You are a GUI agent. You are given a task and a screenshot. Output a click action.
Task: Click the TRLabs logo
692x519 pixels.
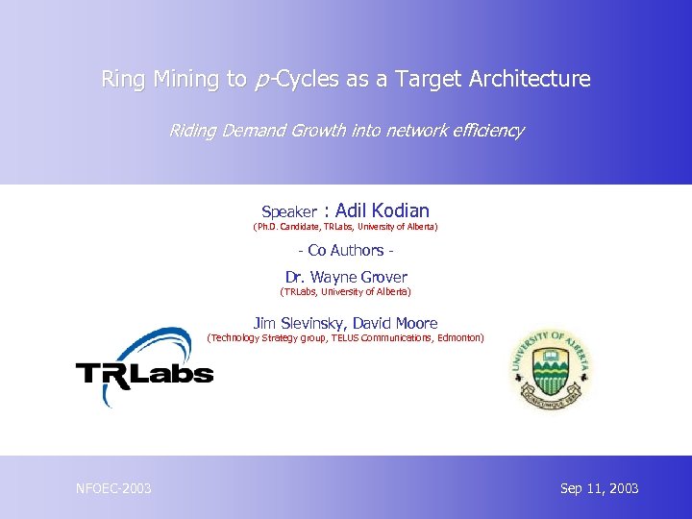pyautogui.click(x=144, y=369)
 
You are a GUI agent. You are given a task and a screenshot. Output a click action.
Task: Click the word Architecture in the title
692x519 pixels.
pyautogui.click(x=530, y=79)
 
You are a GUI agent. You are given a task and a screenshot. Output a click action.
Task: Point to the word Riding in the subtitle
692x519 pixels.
pyautogui.click(x=190, y=130)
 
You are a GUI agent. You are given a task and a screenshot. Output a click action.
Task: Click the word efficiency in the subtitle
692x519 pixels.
pyautogui.click(x=488, y=130)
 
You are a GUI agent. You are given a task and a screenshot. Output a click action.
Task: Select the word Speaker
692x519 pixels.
pyautogui.click(x=289, y=211)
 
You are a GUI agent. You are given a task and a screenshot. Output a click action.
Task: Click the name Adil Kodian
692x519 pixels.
pyautogui.click(x=383, y=210)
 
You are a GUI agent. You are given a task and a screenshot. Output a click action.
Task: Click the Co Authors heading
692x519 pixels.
pyautogui.click(x=346, y=251)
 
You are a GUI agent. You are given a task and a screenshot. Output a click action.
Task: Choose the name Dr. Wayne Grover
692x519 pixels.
pyautogui.click(x=346, y=277)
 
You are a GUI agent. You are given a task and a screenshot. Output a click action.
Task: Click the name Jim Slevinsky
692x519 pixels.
pyautogui.click(x=298, y=324)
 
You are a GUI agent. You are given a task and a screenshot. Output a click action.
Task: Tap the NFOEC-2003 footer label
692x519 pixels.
pyautogui.click(x=113, y=489)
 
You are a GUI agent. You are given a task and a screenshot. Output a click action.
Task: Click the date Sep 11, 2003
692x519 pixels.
pyautogui.click(x=599, y=489)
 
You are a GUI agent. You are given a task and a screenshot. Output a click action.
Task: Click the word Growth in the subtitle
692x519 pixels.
pyautogui.click(x=313, y=130)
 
